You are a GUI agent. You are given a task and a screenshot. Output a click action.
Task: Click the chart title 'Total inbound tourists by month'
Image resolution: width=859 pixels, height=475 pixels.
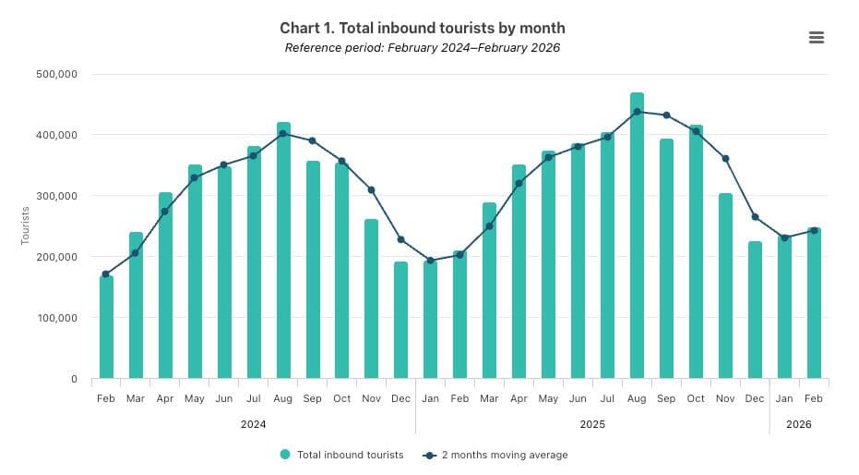(423, 29)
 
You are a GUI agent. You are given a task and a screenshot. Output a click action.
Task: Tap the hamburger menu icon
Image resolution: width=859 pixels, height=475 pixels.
(816, 37)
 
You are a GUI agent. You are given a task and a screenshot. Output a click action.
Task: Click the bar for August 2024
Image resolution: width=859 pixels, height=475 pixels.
(283, 250)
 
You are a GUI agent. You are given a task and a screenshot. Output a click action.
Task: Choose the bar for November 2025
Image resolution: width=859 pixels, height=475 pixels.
(725, 286)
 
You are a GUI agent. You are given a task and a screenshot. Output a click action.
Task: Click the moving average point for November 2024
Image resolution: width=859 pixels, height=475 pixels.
(371, 189)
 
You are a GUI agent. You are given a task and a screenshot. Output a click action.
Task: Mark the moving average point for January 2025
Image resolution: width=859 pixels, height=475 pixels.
(430, 261)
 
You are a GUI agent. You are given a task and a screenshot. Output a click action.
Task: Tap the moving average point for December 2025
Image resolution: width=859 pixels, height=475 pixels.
(755, 217)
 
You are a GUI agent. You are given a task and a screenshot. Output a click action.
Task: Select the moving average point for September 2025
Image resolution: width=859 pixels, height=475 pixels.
(666, 116)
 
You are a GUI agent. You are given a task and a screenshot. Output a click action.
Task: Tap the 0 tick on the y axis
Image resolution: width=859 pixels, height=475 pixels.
(73, 379)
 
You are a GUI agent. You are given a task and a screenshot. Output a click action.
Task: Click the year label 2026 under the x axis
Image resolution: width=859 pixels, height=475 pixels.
(799, 424)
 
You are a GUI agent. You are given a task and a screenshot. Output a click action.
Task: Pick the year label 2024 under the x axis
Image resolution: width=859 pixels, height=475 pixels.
(254, 424)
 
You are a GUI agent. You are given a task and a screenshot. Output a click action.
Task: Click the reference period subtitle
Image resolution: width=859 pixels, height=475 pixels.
(423, 48)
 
